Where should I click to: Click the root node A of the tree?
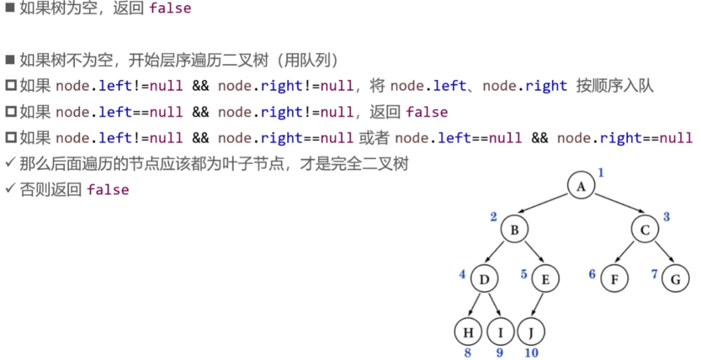coord(581,186)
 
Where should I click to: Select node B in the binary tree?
coord(514,230)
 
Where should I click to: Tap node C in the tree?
coord(644,230)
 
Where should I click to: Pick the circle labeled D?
coord(484,280)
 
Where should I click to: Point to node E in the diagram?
coord(545,280)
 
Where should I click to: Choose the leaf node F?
coord(615,280)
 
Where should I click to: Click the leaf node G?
coord(675,280)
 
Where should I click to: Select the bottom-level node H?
coord(468,332)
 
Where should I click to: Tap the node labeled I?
coord(501,332)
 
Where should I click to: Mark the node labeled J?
coord(531,332)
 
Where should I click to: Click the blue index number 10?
coord(531,353)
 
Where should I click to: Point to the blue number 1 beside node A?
coord(601,173)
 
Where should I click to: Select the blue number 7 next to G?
coord(654,274)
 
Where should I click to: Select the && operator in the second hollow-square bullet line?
coord(200,112)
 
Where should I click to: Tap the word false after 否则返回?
coord(107,189)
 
